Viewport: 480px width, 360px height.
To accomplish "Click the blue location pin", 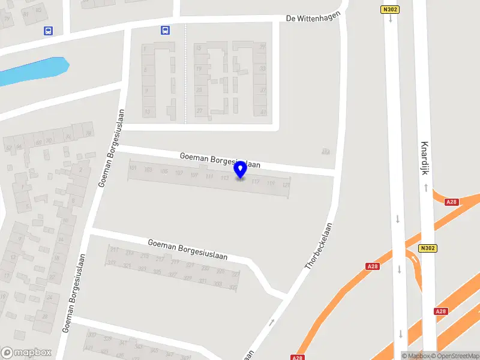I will pyautogui.click(x=241, y=170).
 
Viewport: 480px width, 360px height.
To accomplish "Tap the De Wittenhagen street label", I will pyautogui.click(x=314, y=17).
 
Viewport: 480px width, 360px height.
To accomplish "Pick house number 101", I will pyautogui.click(x=133, y=168).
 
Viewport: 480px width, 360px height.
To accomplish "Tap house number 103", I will pyautogui.click(x=148, y=170).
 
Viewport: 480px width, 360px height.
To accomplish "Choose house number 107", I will pyautogui.click(x=178, y=173).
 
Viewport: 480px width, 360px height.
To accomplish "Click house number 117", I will pyautogui.click(x=256, y=181).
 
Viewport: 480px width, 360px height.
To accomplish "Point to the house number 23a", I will pyautogui.click(x=326, y=151).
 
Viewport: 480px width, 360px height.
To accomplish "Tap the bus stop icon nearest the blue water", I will pyautogui.click(x=48, y=31).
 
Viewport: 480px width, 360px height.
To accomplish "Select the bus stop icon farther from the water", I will pyautogui.click(x=164, y=30).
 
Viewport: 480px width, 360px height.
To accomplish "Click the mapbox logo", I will pyautogui.click(x=25, y=353).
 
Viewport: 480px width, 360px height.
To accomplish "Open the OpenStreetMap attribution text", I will pyautogui.click(x=454, y=356).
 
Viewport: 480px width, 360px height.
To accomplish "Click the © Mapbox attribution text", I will pyautogui.click(x=415, y=356).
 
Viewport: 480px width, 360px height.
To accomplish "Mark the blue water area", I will pyautogui.click(x=33, y=70).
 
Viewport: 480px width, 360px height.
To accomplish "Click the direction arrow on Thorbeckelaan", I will pyautogui.click(x=272, y=322).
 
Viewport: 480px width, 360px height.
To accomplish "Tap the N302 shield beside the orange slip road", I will pyautogui.click(x=427, y=248).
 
